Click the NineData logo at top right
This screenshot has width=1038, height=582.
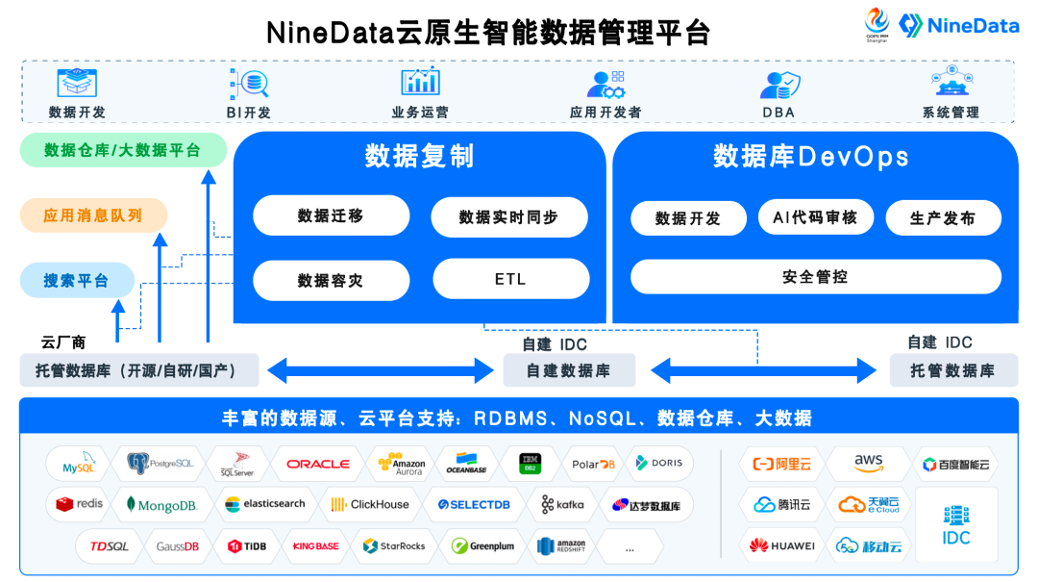(x=958, y=25)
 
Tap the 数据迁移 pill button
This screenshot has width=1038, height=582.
(x=331, y=215)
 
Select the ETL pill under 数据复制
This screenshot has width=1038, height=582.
(x=509, y=279)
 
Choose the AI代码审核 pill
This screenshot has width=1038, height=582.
(x=815, y=217)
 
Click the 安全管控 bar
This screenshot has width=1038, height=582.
(x=815, y=277)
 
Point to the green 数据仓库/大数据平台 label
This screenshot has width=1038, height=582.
(x=123, y=150)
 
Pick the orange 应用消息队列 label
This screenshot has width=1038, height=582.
(x=93, y=215)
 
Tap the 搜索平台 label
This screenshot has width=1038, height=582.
(x=76, y=281)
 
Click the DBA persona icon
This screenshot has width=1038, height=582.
(x=778, y=85)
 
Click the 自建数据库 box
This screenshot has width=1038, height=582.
(x=568, y=370)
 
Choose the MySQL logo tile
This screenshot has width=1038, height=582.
(x=78, y=464)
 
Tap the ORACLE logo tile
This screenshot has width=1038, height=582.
(x=317, y=464)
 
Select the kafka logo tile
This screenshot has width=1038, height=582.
(x=562, y=504)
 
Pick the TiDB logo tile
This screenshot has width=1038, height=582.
(x=247, y=545)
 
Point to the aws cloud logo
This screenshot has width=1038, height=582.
(x=868, y=464)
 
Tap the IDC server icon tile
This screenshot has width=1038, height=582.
(x=955, y=525)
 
